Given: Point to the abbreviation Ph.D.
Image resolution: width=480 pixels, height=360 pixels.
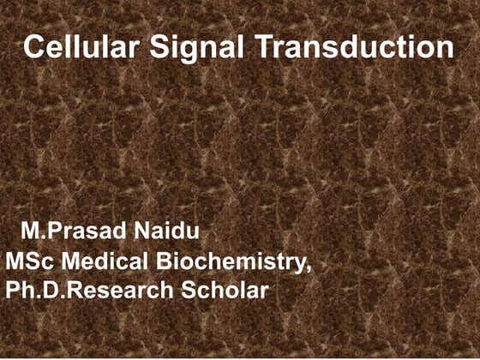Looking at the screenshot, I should tap(33, 291).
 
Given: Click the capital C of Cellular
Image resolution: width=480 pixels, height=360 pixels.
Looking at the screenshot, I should tap(33, 47).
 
